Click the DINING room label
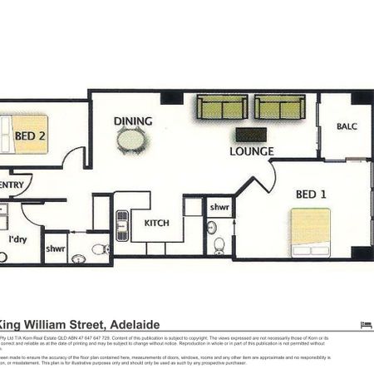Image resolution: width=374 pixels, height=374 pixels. point(133,121)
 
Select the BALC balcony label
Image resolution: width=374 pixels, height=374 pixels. point(347,127)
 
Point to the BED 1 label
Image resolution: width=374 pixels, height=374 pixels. point(312,194)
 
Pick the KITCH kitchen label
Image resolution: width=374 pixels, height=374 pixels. point(157,224)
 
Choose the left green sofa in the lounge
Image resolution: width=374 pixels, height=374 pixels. point(221,107)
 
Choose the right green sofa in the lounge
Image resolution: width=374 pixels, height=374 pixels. point(280,107)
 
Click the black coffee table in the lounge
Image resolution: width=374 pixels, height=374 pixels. point(250,134)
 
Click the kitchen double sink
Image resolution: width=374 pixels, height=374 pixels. point(122,222)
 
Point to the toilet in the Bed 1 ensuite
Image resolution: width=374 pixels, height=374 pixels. point(219,245)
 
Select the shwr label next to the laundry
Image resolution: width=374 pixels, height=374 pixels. point(57,247)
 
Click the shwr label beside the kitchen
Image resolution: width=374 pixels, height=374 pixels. point(219,207)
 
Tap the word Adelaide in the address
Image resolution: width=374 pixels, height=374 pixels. point(132,324)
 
